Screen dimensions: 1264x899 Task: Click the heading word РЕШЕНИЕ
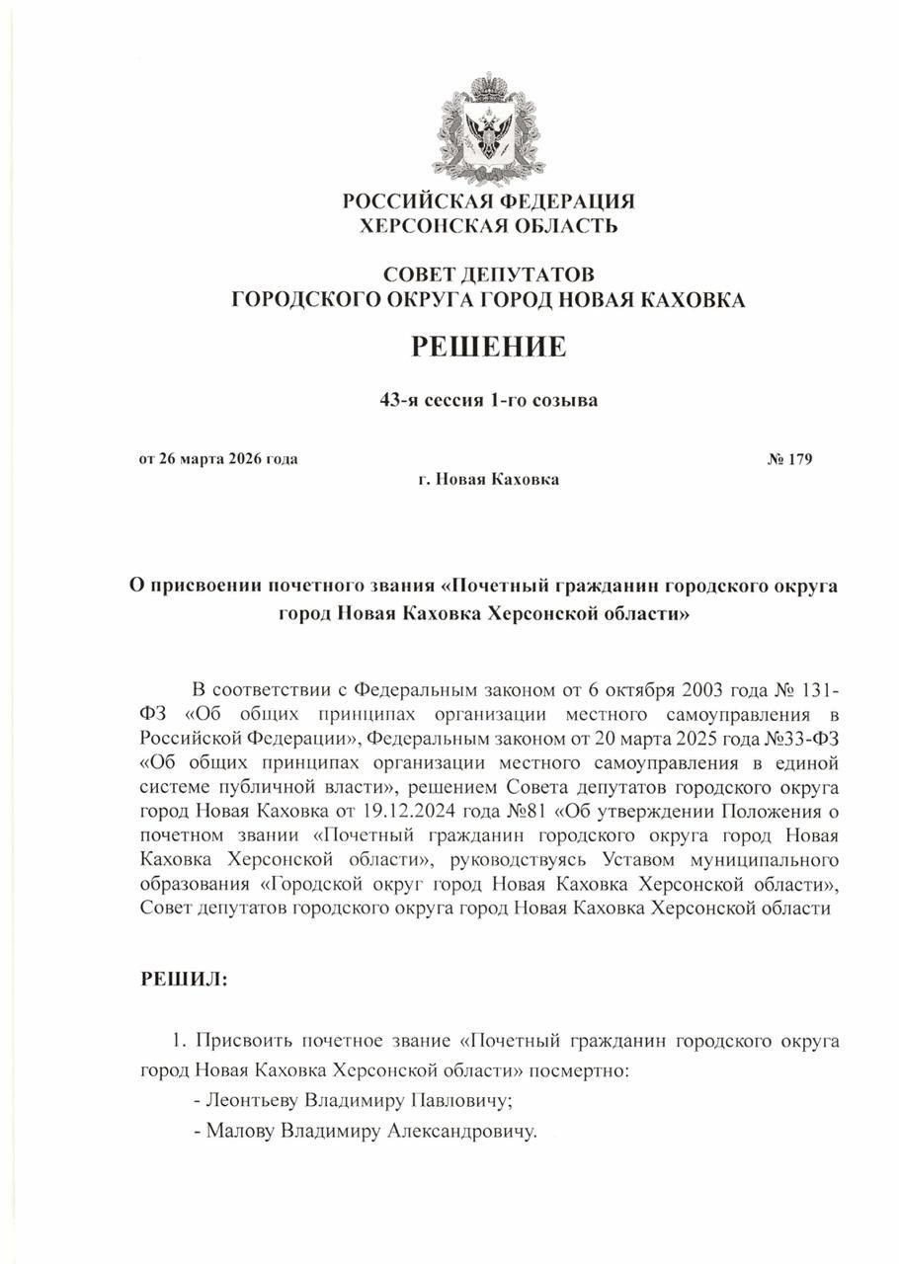pos(488,347)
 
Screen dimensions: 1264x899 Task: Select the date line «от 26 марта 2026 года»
pos(218,458)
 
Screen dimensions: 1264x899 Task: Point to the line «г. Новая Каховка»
pos(488,480)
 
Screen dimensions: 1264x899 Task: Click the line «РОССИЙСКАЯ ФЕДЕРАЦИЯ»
pos(488,201)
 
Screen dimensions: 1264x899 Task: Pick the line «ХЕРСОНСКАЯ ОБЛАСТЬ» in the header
pos(488,226)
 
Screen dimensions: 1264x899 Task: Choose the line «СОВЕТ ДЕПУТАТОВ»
pos(488,274)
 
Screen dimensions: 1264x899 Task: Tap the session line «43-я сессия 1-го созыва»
pos(488,401)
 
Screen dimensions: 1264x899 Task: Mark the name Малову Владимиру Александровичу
pos(371,1131)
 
